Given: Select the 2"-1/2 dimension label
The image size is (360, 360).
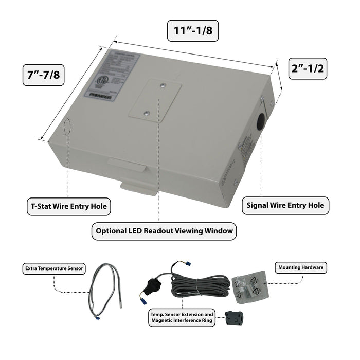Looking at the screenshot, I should click(x=307, y=68).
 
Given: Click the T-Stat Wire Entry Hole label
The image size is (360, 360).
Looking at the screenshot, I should click(x=68, y=207).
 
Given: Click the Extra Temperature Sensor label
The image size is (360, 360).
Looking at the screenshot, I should click(x=55, y=268).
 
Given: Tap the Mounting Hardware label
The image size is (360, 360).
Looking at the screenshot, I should click(x=302, y=268).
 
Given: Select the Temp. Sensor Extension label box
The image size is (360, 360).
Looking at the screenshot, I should click(x=182, y=317).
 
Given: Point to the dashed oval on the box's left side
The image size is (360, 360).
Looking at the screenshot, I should click(x=68, y=127).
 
